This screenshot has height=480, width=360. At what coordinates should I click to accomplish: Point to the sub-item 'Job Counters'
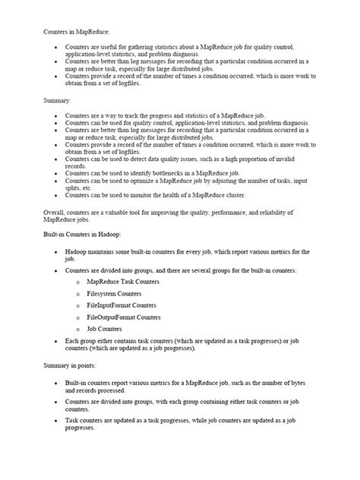coord(104,329)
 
